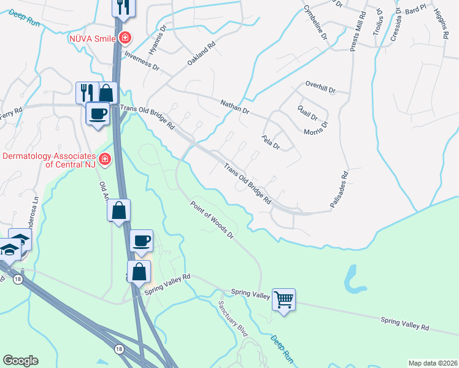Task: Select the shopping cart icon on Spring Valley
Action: point(283,299)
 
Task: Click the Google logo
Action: point(20,361)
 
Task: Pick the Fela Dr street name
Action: point(271,143)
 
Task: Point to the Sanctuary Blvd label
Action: point(233,319)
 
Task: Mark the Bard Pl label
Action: point(415,10)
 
